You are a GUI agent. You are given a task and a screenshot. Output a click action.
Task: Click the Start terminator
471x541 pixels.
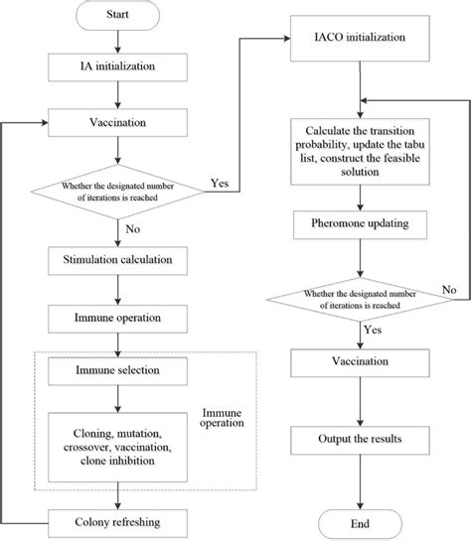point(118,17)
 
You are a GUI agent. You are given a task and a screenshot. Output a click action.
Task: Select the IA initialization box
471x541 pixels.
point(118,68)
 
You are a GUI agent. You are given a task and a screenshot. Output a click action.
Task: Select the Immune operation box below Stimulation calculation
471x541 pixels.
point(118,319)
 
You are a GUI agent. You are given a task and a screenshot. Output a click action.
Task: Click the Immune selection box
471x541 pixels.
point(118,371)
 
